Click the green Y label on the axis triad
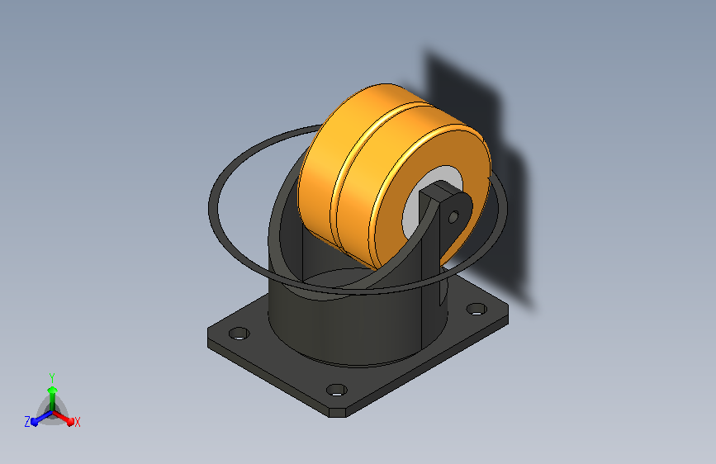coord(52,377)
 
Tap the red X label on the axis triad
coord(77,422)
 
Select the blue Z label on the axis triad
coord(27,422)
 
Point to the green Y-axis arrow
coord(53,399)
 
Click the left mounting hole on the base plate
coord(239,334)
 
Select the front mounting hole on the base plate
coord(337,390)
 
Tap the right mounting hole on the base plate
coord(477,309)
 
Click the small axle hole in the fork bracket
coord(453,216)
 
